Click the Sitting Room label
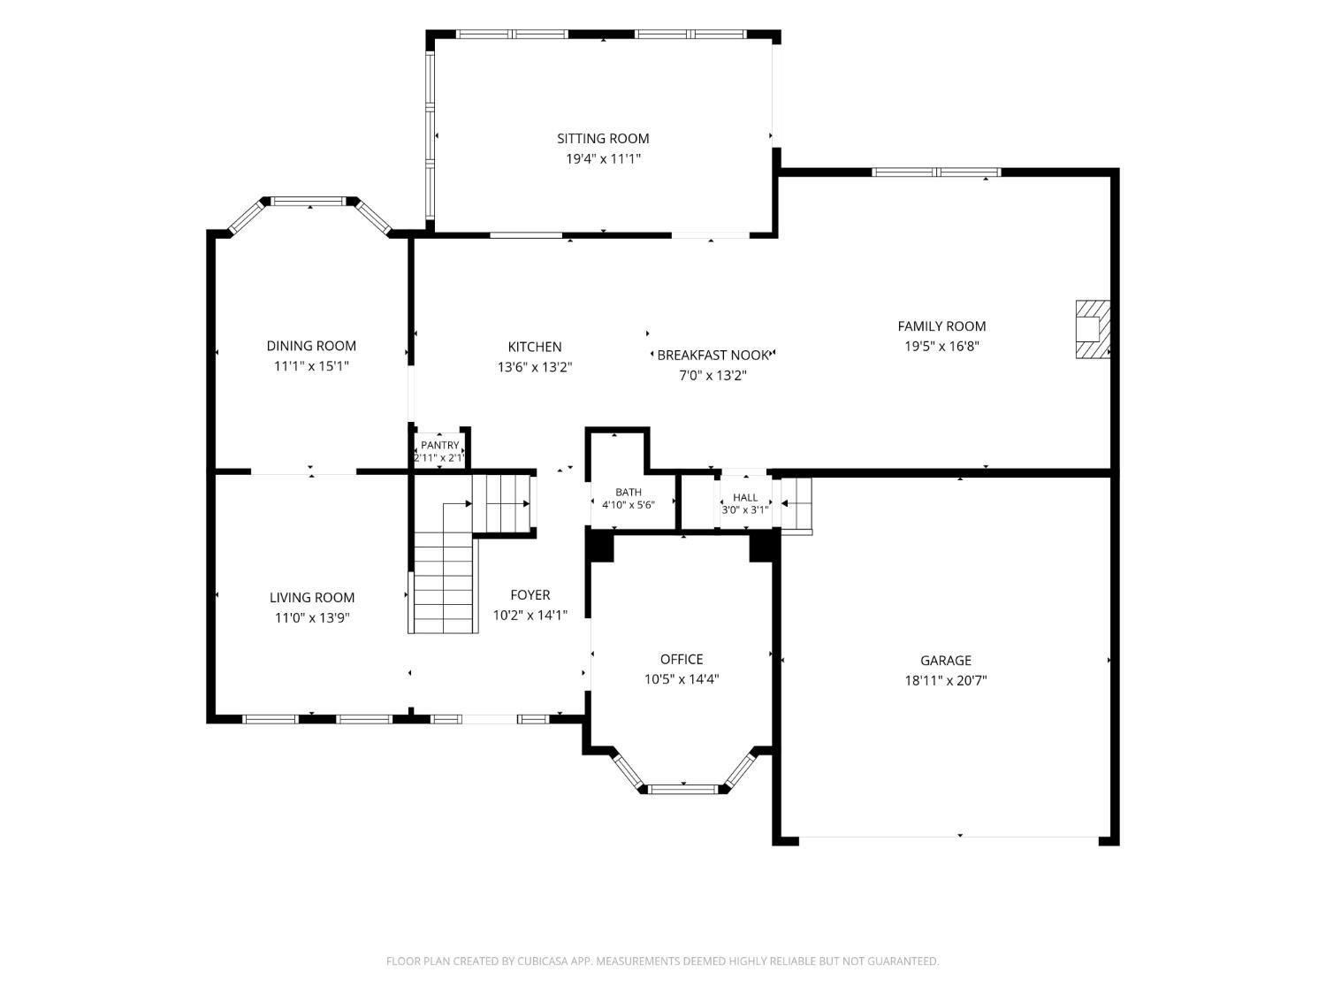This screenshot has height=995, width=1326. pyautogui.click(x=602, y=138)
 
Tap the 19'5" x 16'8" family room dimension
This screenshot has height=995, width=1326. pyautogui.click(x=941, y=346)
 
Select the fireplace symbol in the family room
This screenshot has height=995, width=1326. pyautogui.click(x=1093, y=329)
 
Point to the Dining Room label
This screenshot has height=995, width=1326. pyautogui.click(x=311, y=346)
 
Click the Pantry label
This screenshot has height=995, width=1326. pyautogui.click(x=439, y=445)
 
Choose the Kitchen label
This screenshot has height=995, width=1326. pyautogui.click(x=535, y=347)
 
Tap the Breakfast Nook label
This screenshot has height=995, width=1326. pyautogui.click(x=713, y=356)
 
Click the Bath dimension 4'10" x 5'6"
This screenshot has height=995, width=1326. pyautogui.click(x=629, y=505)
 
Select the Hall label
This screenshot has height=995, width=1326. pyautogui.click(x=745, y=497)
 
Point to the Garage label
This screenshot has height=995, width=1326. pyautogui.click(x=945, y=661)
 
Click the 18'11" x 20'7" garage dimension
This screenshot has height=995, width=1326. pyautogui.click(x=945, y=681)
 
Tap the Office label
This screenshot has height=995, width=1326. pyautogui.click(x=682, y=659)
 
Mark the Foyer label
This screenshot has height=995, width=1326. pyautogui.click(x=530, y=595)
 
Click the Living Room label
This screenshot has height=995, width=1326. pyautogui.click(x=312, y=598)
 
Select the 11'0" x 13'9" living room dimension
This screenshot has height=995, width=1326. pyautogui.click(x=312, y=618)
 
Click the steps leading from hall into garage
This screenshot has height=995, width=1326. pyautogui.click(x=796, y=506)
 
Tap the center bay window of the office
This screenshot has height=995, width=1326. pyautogui.click(x=683, y=788)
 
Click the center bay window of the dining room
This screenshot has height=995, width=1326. pyautogui.click(x=309, y=201)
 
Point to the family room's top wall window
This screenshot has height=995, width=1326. pyautogui.click(x=936, y=172)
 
